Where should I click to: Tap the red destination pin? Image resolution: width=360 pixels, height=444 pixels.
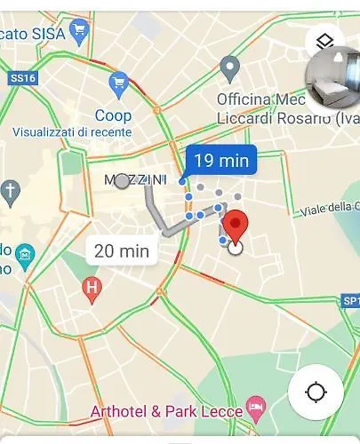click(x=235, y=225)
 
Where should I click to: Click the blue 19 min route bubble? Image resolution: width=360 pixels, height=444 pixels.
click(x=220, y=161)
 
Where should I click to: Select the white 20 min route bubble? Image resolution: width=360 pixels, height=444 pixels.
click(x=122, y=251)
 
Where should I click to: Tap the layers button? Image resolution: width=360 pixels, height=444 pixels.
click(x=324, y=41)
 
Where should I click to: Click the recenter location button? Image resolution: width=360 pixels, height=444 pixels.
click(x=316, y=392)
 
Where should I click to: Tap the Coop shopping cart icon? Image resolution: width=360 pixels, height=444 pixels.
click(x=118, y=85)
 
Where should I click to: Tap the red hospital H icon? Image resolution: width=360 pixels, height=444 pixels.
click(x=92, y=287)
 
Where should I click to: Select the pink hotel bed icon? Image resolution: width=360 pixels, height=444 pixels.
click(x=256, y=409)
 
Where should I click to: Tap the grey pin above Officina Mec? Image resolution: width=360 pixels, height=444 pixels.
click(x=231, y=67)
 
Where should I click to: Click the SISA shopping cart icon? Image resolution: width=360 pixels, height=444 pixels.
click(x=80, y=30)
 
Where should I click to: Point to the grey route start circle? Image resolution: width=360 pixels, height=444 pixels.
click(x=122, y=181)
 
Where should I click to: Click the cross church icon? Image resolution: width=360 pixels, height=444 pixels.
click(x=10, y=190)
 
